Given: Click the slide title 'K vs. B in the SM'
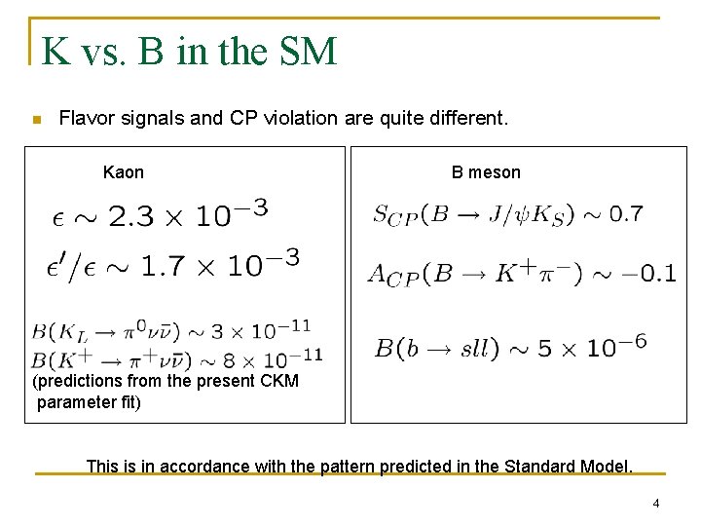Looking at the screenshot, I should pyautogui.click(x=189, y=51).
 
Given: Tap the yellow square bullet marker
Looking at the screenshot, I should pyautogui.click(x=36, y=120).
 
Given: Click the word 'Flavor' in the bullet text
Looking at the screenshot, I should pyautogui.click(x=85, y=119).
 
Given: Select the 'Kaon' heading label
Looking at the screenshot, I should pyautogui.click(x=123, y=172).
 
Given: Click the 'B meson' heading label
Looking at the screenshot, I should pyautogui.click(x=485, y=172).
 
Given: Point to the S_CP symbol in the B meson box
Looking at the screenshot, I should pyautogui.click(x=394, y=215).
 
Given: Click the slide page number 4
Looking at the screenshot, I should pyautogui.click(x=655, y=504).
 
